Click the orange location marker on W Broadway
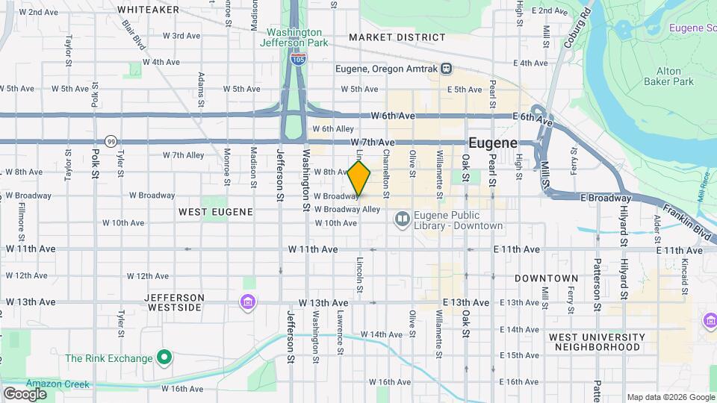(359, 179)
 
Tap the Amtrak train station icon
(446, 69)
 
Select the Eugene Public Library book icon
(402, 219)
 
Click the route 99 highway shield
(111, 140)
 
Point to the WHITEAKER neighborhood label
(149, 10)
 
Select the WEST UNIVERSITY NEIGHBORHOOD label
(595, 342)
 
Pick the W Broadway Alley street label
(351, 210)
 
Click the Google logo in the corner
(25, 393)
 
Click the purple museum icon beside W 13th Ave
(247, 302)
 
